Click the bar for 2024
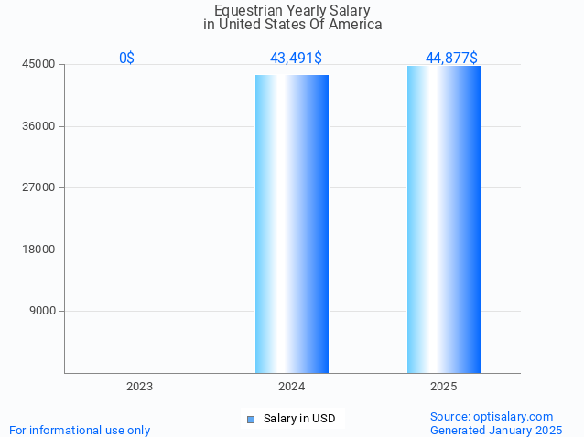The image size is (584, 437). coord(291,223)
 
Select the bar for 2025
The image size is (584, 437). coord(443,219)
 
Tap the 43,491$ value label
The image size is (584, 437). coord(296,58)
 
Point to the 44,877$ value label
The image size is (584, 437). coord(451,58)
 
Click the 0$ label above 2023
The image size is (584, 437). coord(126,58)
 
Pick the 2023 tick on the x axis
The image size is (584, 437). coord(139,387)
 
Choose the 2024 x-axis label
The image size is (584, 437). coord(291,387)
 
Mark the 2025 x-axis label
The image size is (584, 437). coord(443,387)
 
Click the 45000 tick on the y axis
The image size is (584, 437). coord(39,64)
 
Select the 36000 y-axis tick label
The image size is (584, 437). coord(39,126)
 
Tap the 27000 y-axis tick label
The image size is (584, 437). coord(39,187)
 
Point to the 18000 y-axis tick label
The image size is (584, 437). coord(39,250)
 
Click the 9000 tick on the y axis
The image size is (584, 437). coord(43,311)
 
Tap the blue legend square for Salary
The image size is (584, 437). coord(250,420)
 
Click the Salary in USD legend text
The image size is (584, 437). coord(299,419)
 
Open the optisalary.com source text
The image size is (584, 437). coord(492,416)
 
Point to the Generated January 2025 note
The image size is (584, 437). coord(496,430)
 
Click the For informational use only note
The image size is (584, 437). coord(80,430)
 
